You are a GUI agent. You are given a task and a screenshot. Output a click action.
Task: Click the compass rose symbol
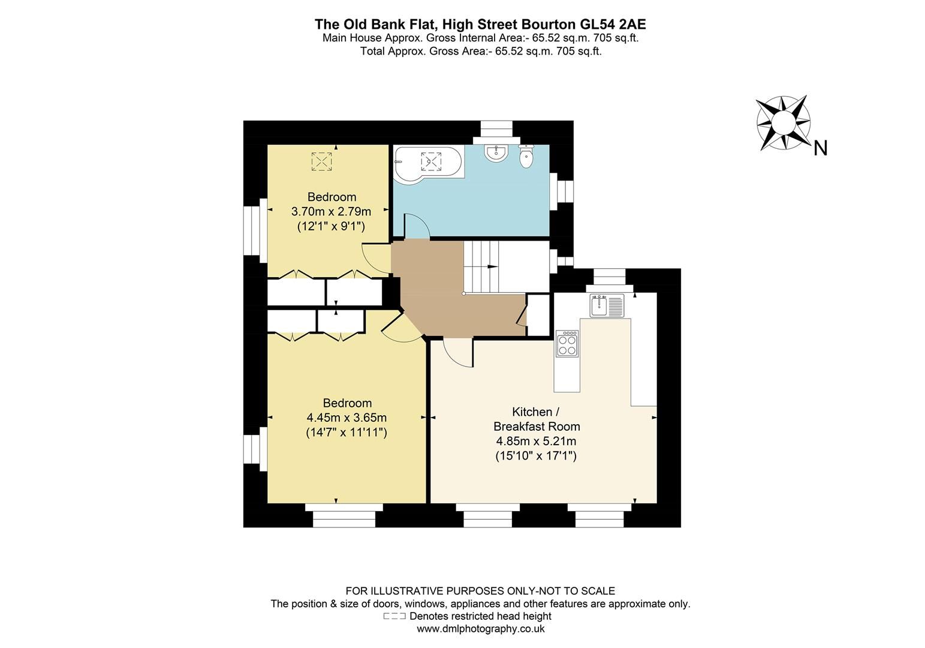(x=783, y=122)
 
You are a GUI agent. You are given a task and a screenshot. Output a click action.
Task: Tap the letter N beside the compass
(x=821, y=148)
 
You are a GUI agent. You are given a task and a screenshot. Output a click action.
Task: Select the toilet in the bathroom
(x=526, y=158)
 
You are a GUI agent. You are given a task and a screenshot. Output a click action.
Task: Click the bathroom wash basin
(x=496, y=154)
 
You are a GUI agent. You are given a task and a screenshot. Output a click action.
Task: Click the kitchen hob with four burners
(x=567, y=344)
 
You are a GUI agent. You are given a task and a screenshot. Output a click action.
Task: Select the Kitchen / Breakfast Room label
(x=536, y=419)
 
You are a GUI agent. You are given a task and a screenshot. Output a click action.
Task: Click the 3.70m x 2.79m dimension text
(x=331, y=211)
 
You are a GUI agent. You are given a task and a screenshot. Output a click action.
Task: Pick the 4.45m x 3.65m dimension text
(x=347, y=418)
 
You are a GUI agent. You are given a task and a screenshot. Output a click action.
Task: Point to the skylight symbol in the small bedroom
(x=321, y=161)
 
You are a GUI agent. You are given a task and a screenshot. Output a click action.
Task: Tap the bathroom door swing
(x=416, y=226)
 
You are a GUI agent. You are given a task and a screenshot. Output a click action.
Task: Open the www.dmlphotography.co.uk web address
(x=480, y=629)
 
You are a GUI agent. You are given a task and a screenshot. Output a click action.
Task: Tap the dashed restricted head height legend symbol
(x=394, y=616)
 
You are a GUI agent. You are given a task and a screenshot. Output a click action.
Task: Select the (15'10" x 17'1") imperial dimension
(x=536, y=456)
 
